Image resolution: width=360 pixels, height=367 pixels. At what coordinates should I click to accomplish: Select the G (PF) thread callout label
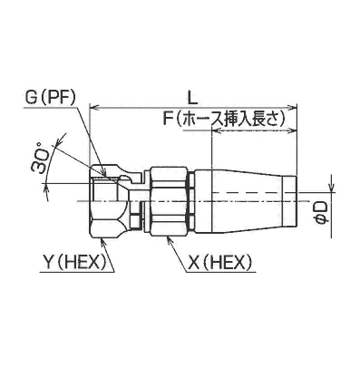click(x=50, y=99)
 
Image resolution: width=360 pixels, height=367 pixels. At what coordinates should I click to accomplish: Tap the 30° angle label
click(x=41, y=161)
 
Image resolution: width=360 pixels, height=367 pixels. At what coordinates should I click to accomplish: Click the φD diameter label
click(x=322, y=214)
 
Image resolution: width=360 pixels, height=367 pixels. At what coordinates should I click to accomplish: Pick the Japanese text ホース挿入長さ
click(x=230, y=120)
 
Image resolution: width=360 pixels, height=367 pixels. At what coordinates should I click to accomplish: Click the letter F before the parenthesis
click(x=168, y=120)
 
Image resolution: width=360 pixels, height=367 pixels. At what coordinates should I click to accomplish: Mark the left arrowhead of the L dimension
click(x=94, y=107)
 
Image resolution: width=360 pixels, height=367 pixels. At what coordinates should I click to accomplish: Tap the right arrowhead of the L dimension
click(x=293, y=107)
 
